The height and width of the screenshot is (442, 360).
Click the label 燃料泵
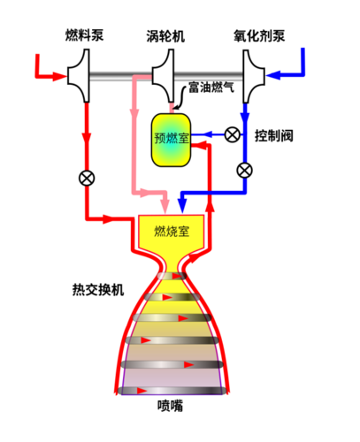point(84,35)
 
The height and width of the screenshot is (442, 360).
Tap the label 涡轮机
point(165,36)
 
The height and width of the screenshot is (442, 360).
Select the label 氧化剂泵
point(259,36)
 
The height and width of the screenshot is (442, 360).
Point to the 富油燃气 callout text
point(211,88)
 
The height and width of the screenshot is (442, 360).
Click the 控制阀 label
point(274,136)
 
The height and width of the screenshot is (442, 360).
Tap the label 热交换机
point(98,290)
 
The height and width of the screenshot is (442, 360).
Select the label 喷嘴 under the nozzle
point(170,406)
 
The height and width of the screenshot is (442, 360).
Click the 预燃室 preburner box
point(171,140)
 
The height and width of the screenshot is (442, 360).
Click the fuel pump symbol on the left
point(79,76)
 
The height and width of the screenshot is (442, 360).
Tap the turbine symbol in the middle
point(163,76)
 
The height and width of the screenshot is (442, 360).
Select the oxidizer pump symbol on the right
point(254,76)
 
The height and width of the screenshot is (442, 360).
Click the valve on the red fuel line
point(87,178)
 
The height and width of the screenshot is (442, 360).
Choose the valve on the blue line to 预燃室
point(233,135)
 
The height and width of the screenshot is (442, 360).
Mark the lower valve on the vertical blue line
point(245,171)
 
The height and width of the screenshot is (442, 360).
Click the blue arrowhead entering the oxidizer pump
point(272,75)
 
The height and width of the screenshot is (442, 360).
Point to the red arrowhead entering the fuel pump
point(60,76)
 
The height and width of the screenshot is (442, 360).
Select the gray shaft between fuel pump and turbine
point(120,76)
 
